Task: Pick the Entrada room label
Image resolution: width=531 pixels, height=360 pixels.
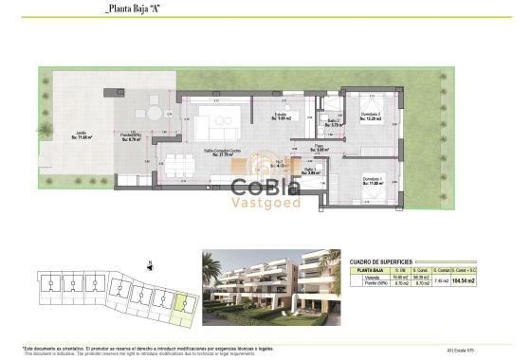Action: click(x=282, y=117)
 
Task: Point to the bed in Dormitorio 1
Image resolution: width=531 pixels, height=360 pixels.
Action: click(x=375, y=194)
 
